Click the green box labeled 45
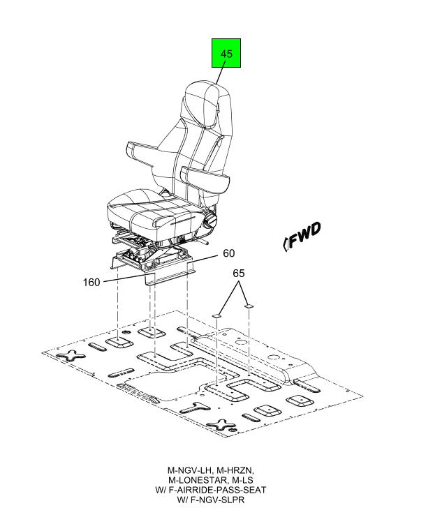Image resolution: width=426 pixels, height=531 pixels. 226,53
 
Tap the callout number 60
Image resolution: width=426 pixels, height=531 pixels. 228,253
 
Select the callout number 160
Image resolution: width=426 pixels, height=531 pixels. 91,282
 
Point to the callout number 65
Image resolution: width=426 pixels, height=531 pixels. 239,274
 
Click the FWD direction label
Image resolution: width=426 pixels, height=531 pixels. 301,237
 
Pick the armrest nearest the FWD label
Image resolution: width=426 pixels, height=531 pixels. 205,178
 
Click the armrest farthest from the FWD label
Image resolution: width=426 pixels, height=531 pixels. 142,153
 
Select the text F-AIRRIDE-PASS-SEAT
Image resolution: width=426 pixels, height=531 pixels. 217,490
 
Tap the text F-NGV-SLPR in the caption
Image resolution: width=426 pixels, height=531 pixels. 217,500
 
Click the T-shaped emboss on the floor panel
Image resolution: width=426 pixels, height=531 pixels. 195,407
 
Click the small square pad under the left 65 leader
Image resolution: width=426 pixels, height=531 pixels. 216,315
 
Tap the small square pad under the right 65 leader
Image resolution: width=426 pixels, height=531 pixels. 249,306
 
